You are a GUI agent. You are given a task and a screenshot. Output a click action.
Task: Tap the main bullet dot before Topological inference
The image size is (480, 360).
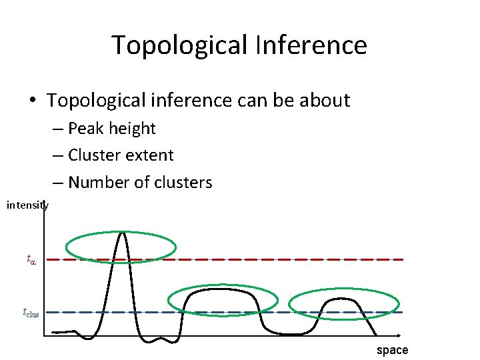32,101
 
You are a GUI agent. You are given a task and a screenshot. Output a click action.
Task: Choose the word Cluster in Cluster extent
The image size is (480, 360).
93,155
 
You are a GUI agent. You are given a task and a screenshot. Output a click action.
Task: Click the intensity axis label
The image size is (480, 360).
27,205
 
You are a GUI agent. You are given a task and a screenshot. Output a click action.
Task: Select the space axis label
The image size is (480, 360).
392,350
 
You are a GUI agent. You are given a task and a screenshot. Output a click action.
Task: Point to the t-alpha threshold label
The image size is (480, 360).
31,259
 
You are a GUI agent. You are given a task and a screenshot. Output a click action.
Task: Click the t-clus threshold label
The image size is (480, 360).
31,312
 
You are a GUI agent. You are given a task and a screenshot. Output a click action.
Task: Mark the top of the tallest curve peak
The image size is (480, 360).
122,233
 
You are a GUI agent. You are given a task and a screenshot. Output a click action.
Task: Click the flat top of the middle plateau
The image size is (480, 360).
222,291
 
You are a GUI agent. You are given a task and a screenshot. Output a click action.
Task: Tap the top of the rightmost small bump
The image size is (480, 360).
342,299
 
